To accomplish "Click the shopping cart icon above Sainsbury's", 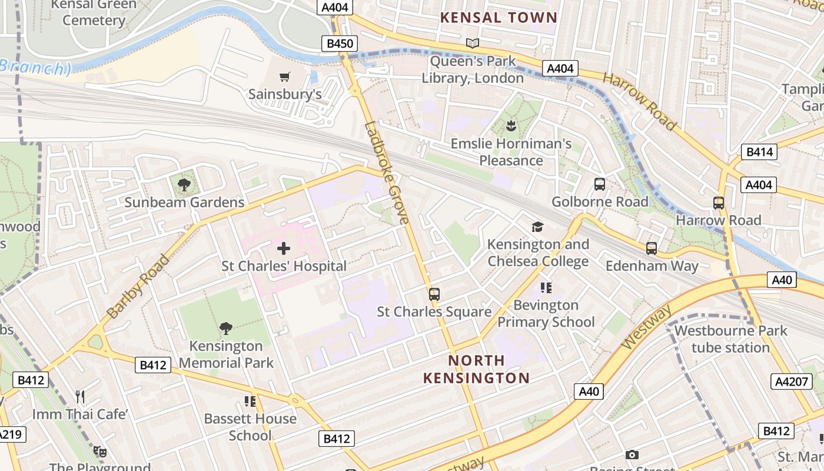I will pos(285,77).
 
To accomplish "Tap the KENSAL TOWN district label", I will pos(499,18).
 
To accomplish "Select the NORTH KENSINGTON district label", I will pos(476,369).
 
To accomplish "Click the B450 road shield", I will pos(340,44).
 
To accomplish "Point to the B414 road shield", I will pos(760,152).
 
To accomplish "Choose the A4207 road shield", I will pos(792,382).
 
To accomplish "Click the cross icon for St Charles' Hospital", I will pos(284,248).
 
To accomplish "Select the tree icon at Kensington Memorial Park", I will pos(226,329).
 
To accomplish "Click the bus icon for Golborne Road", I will pos(600,184).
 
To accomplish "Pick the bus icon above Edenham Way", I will pos(652,248).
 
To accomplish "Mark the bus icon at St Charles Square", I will pos(434,294).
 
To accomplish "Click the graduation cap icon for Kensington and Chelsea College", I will pos(537,227).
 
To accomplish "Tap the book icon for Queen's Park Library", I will pos(473,43).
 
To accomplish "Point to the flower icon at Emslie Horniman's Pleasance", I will pos(511,125).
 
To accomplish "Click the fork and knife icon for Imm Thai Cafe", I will pos(80,397).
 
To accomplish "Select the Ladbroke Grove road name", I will pos(387,173).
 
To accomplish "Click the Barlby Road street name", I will pos(139,286).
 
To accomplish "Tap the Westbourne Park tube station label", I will pos(730,339).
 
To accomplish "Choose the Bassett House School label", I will pos(250,427).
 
